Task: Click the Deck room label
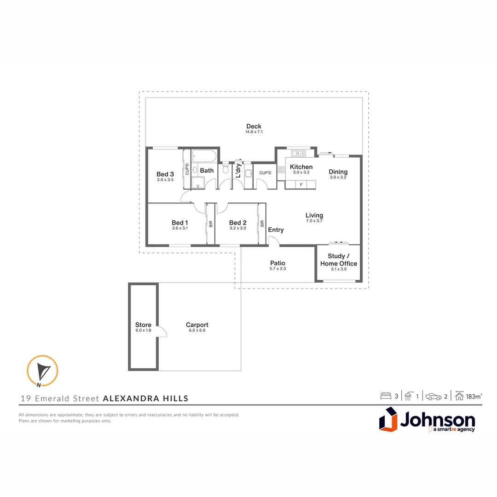[254, 126]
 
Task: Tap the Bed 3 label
[165, 174]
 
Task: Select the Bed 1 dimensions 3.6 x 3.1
[180, 228]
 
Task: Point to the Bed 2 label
[238, 223]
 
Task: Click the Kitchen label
[301, 167]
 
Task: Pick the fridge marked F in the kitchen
[301, 185]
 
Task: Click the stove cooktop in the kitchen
[281, 169]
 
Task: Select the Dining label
[338, 172]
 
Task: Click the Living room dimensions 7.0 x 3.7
[314, 221]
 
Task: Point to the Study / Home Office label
[339, 260]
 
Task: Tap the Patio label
[277, 263]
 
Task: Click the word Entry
[276, 230]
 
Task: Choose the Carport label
[197, 325]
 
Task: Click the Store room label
[143, 325]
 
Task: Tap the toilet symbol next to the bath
[225, 169]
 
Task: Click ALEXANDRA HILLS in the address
[145, 399]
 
